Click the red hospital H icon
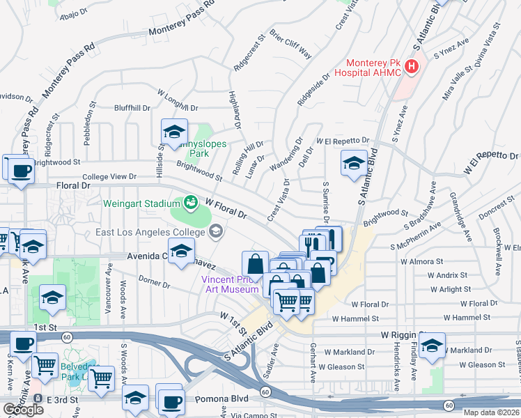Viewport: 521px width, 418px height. [412, 67]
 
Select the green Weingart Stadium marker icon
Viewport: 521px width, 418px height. [189, 202]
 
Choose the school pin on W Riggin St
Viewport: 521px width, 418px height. [433, 347]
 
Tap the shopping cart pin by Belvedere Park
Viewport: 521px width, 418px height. [102, 379]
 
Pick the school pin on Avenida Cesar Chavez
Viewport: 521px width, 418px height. [181, 251]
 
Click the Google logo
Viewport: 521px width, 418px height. [23, 410]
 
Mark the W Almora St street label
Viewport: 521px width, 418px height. [422, 261]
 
